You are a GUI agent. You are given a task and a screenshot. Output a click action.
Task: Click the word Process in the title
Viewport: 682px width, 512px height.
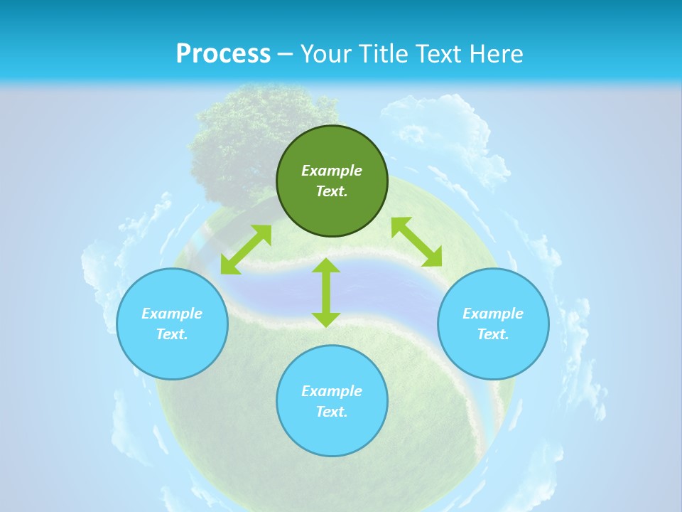click(x=223, y=54)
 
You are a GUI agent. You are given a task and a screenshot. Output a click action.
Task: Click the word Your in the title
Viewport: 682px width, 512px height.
click(x=328, y=54)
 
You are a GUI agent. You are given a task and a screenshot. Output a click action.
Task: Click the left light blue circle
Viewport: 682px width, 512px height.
click(x=172, y=356)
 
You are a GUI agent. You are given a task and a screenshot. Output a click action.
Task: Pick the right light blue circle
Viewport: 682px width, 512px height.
click(x=493, y=356)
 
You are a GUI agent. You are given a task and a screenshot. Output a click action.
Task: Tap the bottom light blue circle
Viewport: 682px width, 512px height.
click(x=332, y=434)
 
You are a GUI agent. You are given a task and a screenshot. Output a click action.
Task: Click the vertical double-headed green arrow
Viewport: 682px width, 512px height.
click(x=326, y=293)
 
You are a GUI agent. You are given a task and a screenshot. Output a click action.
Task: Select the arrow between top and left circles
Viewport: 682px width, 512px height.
click(x=246, y=250)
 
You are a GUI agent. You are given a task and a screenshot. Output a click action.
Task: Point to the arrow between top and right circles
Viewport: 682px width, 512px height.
click(x=416, y=242)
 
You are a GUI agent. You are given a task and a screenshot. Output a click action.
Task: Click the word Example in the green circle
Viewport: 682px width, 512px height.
click(x=332, y=171)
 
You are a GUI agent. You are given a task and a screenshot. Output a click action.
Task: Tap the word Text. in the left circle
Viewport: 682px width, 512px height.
click(x=172, y=334)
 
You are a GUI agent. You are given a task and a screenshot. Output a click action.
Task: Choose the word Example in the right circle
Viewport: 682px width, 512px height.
click(x=493, y=314)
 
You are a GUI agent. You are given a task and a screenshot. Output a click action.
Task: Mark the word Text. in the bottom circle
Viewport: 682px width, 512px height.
click(x=332, y=412)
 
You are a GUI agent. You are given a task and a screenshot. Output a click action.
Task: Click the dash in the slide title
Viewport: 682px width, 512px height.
click(x=286, y=54)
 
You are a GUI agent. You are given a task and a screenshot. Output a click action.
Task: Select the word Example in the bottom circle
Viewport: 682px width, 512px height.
click(x=332, y=391)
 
